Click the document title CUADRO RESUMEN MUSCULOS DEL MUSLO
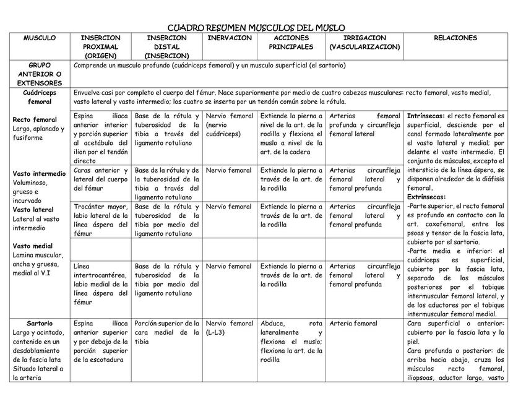click(x=256, y=28)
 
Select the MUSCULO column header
click(x=40, y=38)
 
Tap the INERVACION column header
click(x=230, y=38)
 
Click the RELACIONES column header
click(x=455, y=38)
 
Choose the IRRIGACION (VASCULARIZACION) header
click(x=365, y=43)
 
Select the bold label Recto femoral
click(x=35, y=119)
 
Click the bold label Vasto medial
click(x=33, y=246)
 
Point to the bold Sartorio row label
click(x=40, y=324)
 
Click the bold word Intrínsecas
click(x=426, y=116)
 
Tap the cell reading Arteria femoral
click(x=353, y=324)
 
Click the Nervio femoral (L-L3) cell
click(x=229, y=328)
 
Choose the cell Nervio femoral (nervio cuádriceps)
click(x=229, y=124)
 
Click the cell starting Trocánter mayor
click(x=101, y=220)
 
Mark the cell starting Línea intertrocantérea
click(x=101, y=284)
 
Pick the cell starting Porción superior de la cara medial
click(x=167, y=332)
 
